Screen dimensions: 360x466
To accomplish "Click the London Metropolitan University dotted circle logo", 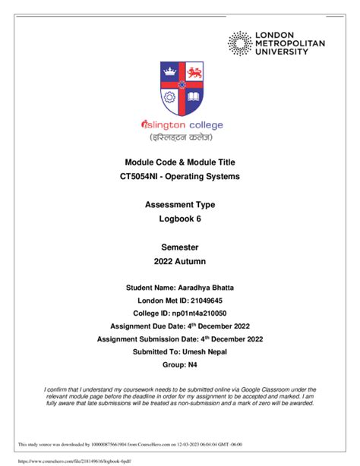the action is (x=242, y=44).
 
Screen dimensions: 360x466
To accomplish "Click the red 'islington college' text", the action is (x=180, y=125).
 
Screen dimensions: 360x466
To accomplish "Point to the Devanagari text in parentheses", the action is (x=180, y=139).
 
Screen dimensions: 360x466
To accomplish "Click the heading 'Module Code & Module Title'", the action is (x=180, y=162).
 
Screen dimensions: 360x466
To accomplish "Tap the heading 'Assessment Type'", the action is (x=180, y=205).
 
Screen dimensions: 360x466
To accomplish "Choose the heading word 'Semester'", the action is (x=180, y=247).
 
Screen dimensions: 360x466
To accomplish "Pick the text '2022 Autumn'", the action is (x=180, y=262).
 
